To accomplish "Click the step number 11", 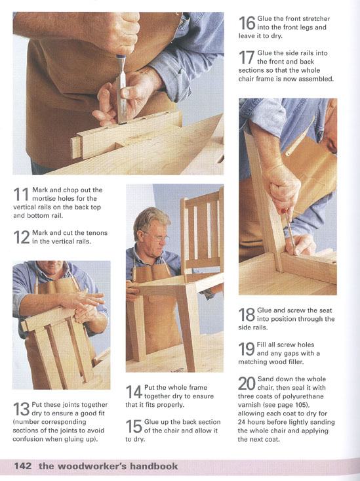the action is click(21, 194).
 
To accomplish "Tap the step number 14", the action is click(134, 392).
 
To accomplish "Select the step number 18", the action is click(247, 314).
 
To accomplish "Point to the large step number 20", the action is click(247, 383).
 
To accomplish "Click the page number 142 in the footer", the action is click(23, 466).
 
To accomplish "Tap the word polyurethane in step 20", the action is click(303, 396).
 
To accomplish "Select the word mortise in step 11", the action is click(43, 198).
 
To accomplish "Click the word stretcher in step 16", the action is click(316, 19).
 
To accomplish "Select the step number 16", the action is click(247, 23).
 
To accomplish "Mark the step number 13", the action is click(21, 409).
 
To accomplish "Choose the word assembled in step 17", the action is click(316, 79).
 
